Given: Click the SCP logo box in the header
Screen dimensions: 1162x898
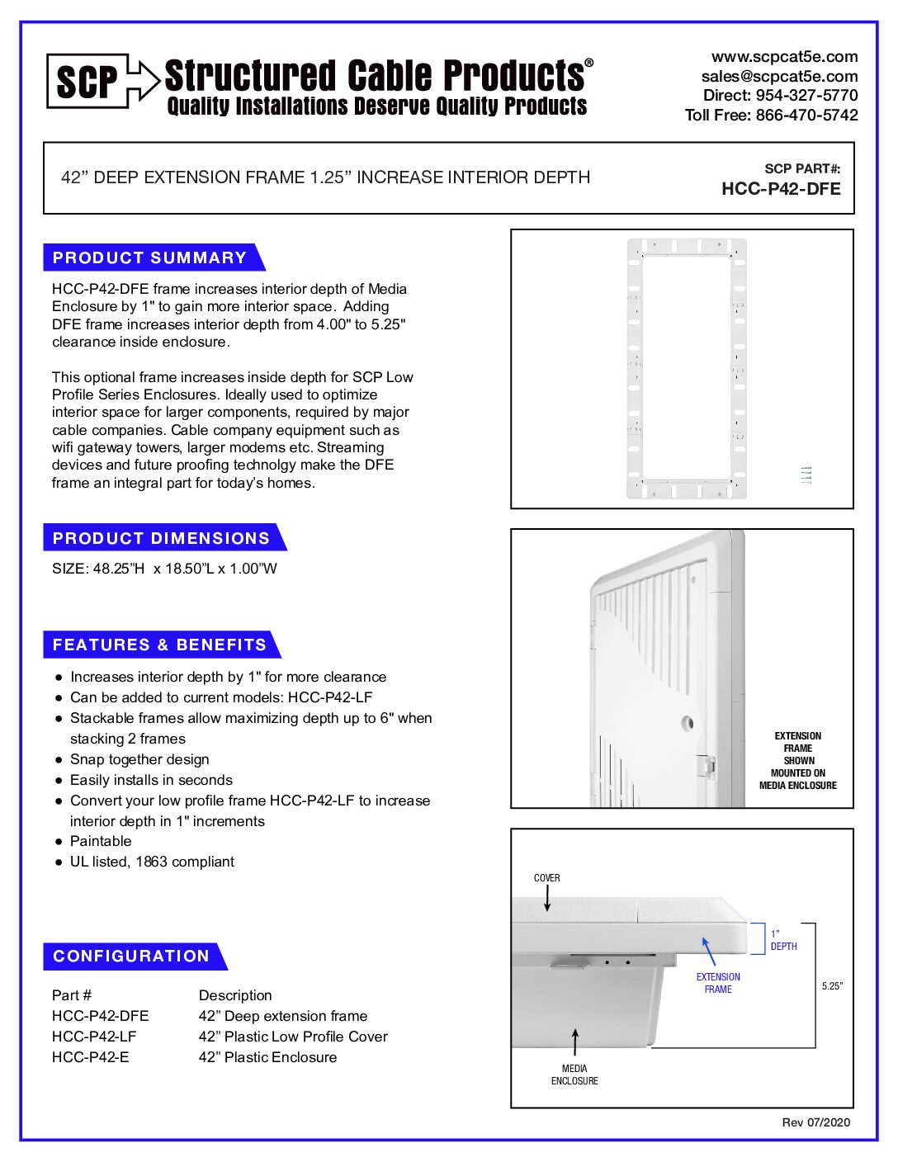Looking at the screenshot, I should click(x=87, y=81).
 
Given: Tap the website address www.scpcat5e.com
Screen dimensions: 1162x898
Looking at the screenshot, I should click(x=784, y=57).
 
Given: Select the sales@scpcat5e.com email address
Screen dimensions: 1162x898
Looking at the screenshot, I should click(x=779, y=76).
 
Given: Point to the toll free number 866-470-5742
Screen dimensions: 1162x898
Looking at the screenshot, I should click(x=806, y=116).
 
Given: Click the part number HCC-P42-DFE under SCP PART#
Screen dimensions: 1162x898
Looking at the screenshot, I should click(x=781, y=189).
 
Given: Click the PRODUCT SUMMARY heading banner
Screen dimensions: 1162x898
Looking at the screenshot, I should click(x=150, y=257).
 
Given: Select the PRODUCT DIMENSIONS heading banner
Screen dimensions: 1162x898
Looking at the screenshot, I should click(x=161, y=538).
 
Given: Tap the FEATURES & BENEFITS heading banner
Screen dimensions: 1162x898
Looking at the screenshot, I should click(x=159, y=645).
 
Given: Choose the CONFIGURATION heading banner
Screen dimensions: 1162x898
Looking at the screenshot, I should click(x=131, y=956).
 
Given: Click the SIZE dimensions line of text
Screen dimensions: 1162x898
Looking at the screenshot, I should click(x=164, y=569).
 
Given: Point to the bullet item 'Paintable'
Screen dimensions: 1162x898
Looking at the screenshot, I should click(x=101, y=841).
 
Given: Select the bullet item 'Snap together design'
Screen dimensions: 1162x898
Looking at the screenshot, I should click(x=139, y=759).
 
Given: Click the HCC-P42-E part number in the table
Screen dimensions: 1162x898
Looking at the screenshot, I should click(x=91, y=1057).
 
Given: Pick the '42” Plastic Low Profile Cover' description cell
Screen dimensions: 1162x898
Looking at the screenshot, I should click(x=293, y=1037).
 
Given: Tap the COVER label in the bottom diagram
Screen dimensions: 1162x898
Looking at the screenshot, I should click(x=546, y=878).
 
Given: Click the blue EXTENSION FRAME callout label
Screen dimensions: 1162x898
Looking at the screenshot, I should click(x=718, y=983).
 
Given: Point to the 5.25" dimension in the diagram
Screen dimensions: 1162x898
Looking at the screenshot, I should click(x=832, y=986).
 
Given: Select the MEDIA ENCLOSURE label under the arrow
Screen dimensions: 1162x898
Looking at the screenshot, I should click(x=574, y=1075).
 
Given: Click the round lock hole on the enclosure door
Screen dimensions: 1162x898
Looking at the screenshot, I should click(x=687, y=723).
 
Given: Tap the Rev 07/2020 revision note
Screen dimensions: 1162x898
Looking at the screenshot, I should click(x=815, y=1122).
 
